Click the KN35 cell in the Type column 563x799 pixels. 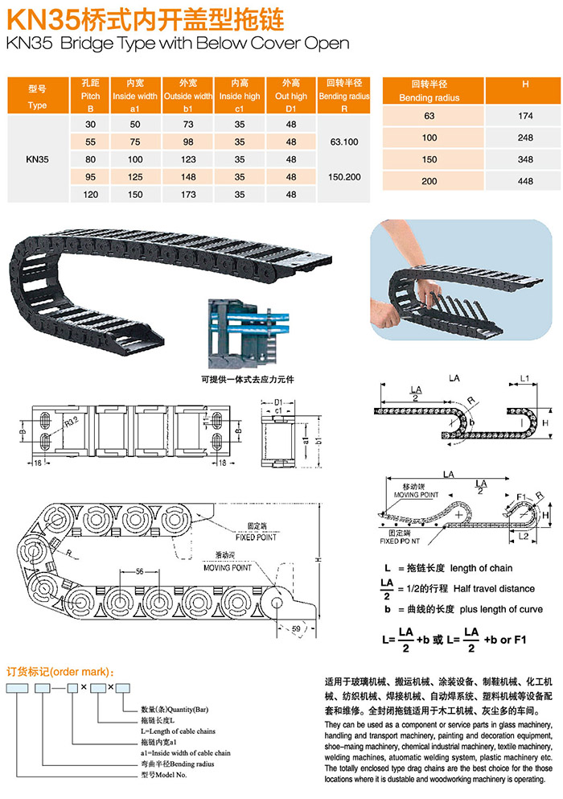(x=38, y=159)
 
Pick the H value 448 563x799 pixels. (x=525, y=181)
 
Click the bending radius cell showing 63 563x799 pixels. (x=429, y=117)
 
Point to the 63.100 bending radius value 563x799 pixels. (x=344, y=142)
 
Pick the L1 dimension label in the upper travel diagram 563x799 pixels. (x=524, y=377)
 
